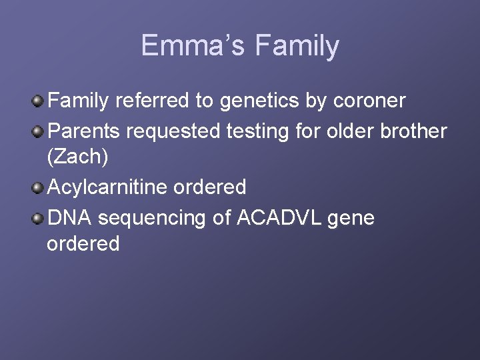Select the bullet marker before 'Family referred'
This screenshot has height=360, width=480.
39,101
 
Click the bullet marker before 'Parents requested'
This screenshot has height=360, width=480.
39,131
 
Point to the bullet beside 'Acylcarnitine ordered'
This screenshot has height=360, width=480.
39,187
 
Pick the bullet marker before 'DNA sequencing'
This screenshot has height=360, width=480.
39,216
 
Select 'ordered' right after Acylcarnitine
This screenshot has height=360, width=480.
209,187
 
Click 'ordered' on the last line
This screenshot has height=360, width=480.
83,244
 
